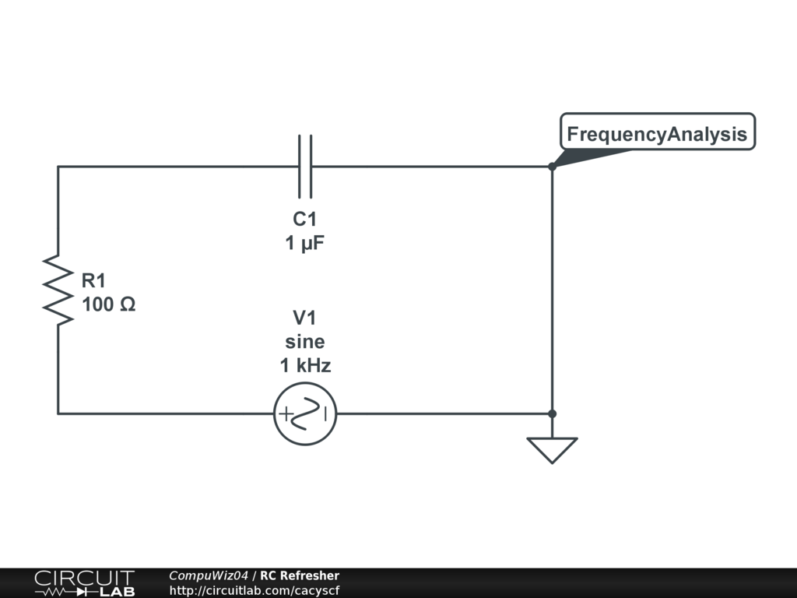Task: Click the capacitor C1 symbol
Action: point(305,167)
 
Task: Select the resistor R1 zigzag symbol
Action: point(58,290)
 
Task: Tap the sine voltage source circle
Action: point(305,414)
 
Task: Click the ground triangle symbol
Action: point(552,450)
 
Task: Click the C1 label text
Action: point(305,219)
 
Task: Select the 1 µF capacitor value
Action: point(305,243)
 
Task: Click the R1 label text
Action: point(93,280)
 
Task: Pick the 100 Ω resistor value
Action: point(109,304)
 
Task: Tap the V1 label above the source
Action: point(304,318)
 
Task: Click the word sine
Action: point(305,342)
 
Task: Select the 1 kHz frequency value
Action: point(305,365)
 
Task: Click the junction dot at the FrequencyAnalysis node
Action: point(552,167)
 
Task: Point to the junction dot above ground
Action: point(552,414)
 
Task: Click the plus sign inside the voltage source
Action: point(285,414)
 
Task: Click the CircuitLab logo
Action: point(84,582)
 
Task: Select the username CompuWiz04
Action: point(209,575)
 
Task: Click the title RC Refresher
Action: point(300,575)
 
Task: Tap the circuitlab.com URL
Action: point(255,590)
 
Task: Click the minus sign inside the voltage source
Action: point(327,414)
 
